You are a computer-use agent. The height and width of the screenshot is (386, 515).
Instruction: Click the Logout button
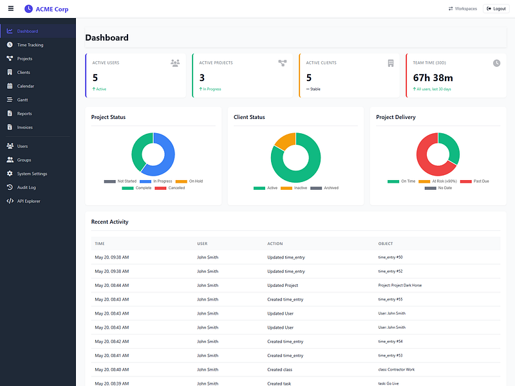click(x=496, y=9)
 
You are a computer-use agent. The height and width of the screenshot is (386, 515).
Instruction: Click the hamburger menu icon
click(x=11, y=8)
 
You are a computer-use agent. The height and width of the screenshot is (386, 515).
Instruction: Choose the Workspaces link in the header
click(x=463, y=9)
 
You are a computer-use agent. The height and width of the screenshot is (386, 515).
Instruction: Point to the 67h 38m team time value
click(x=433, y=78)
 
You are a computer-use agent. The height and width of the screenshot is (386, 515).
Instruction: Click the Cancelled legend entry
click(x=170, y=188)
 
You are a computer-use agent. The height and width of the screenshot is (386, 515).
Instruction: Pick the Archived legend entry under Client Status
click(x=324, y=188)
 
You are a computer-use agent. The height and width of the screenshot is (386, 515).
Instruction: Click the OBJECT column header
click(x=386, y=244)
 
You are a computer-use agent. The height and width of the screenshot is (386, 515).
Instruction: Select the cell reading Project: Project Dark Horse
click(x=400, y=286)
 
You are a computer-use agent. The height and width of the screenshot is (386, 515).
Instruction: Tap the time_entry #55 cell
click(x=391, y=299)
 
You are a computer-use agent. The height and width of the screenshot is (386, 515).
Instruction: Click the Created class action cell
click(x=280, y=369)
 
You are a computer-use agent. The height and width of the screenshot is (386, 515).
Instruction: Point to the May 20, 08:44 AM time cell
click(x=112, y=286)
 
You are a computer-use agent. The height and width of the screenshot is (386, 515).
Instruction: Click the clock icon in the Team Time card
click(x=496, y=63)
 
